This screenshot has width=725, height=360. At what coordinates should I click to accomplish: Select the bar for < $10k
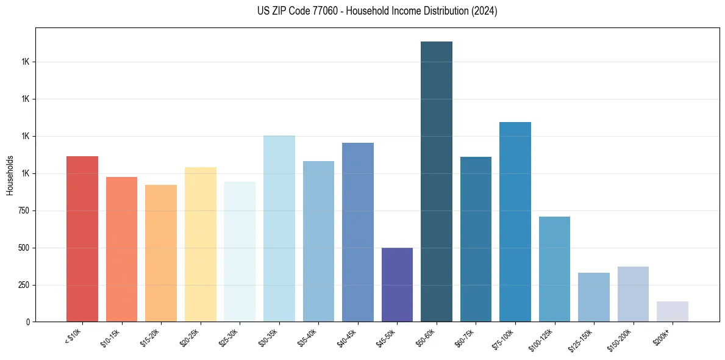[x=82, y=239]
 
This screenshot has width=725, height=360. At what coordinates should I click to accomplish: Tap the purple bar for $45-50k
[x=397, y=284]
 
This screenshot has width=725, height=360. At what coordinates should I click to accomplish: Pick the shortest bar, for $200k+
[x=673, y=311]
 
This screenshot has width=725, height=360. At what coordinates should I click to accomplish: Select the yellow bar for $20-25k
[x=201, y=244]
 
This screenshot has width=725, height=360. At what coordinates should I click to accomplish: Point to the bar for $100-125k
[x=554, y=269]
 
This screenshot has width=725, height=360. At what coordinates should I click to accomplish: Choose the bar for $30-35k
[x=279, y=228]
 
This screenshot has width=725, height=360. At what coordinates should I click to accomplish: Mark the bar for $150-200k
[x=633, y=294]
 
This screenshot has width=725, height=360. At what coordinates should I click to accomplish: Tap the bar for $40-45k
[x=358, y=232]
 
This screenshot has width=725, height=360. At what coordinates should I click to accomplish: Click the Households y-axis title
[x=10, y=175]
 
